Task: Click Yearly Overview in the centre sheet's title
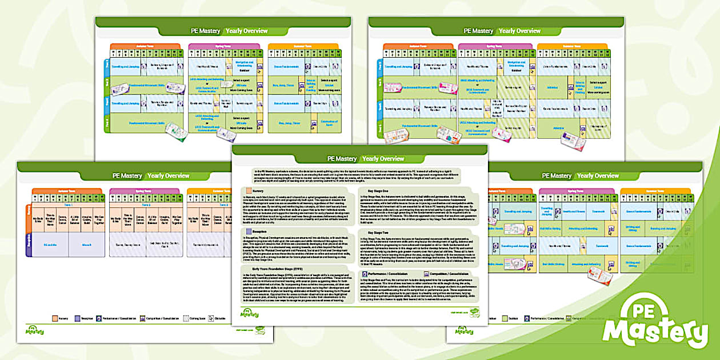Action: pos(383,158)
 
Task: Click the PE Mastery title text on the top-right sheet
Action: pos(478,31)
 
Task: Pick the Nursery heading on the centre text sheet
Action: pos(258,190)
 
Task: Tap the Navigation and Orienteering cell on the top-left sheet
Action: pos(244,63)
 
